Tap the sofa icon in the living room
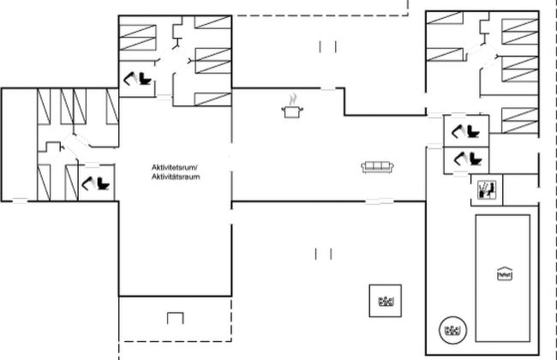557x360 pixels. point(378,167)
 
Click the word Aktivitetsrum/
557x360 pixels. point(175,167)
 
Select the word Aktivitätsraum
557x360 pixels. point(176,177)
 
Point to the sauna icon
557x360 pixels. point(487,189)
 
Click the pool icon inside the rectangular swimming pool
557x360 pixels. point(505,273)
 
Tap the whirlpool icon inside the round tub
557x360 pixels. point(453,330)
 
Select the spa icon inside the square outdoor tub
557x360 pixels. point(386,302)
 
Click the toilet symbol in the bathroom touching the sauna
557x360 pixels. point(475,159)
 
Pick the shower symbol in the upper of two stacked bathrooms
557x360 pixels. point(458,130)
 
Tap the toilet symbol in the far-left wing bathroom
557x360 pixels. point(103,183)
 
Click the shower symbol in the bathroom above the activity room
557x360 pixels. point(129,78)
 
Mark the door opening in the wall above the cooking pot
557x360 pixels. point(328,88)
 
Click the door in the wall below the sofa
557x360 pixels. point(380,201)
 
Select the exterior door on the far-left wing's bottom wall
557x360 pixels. point(21,201)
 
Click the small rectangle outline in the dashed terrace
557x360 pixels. point(176,318)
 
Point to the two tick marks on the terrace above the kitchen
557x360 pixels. point(328,46)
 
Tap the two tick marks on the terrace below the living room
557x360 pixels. point(323,254)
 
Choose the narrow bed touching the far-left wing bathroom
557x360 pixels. point(72,183)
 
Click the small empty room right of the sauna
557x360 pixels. point(521,189)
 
